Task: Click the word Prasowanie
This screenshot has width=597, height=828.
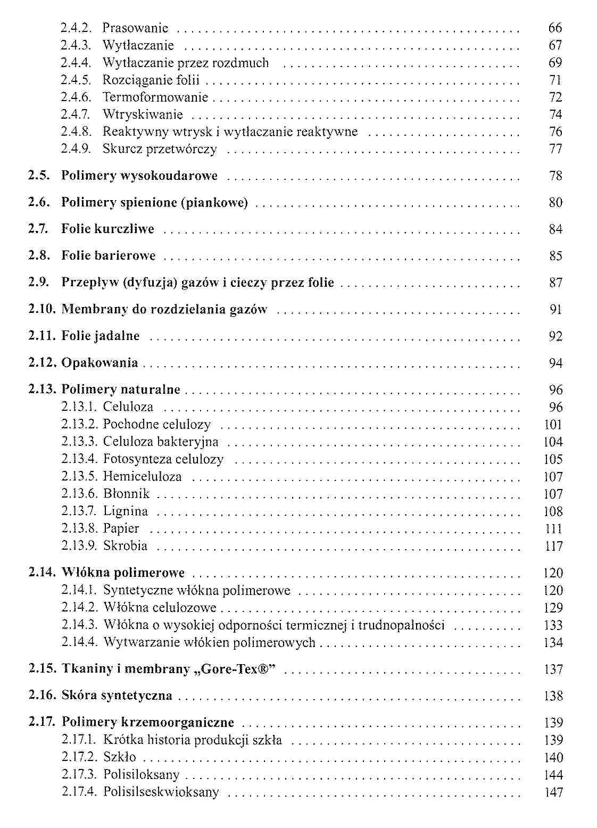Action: click(135, 28)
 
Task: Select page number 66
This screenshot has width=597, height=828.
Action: click(555, 28)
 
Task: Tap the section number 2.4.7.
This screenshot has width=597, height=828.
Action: click(76, 114)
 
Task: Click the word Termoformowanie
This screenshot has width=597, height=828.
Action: click(155, 97)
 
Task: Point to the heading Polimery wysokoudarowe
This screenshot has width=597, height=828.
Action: click(139, 176)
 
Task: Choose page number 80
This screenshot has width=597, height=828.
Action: click(555, 202)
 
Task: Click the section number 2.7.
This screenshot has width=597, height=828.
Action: click(39, 229)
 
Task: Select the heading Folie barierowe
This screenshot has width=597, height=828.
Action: click(109, 255)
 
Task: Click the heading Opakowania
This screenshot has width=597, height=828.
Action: click(99, 363)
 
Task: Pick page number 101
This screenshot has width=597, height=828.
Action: click(553, 425)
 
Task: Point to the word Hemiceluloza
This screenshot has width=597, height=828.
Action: click(142, 476)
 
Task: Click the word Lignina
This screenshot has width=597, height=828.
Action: click(126, 511)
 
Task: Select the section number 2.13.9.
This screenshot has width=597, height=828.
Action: click(79, 546)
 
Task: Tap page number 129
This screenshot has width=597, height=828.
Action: click(553, 608)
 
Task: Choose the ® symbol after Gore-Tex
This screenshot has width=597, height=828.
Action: click(264, 668)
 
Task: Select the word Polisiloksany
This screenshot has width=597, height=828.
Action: click(141, 774)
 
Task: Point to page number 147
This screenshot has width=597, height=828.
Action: click(553, 792)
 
